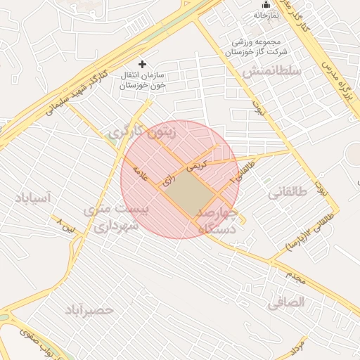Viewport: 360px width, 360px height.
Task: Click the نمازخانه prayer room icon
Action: [265, 5]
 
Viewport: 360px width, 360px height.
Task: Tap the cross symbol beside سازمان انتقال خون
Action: [143, 64]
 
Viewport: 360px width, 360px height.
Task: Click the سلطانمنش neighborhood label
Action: [271, 72]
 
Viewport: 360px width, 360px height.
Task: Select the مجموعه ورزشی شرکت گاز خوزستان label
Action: [257, 46]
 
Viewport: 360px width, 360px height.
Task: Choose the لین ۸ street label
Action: [65, 225]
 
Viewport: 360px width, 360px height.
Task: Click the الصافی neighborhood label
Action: [286, 302]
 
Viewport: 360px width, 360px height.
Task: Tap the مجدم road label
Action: [295, 279]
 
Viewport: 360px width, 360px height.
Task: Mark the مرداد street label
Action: [296, 344]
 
